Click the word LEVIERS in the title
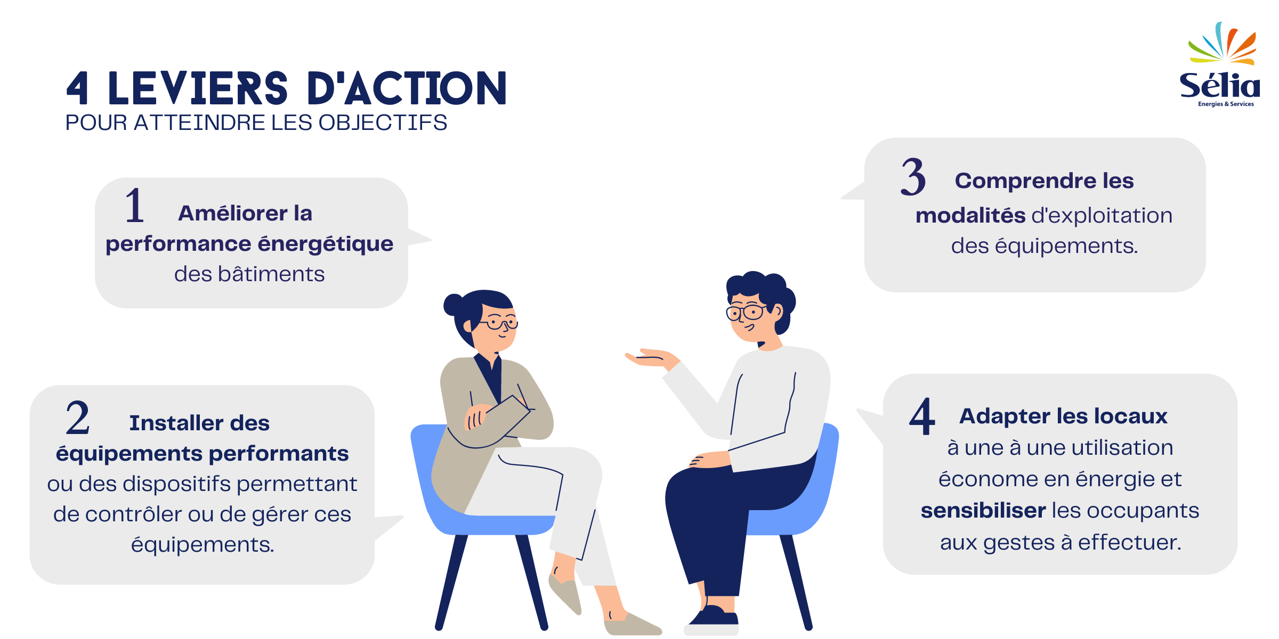click(198, 88)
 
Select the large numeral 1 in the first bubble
click(134, 206)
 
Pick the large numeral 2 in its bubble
click(78, 418)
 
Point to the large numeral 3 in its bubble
click(913, 177)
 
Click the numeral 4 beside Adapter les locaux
click(922, 416)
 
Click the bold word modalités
click(970, 216)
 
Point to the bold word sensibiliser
click(983, 511)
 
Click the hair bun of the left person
click(454, 305)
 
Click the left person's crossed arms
click(496, 421)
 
